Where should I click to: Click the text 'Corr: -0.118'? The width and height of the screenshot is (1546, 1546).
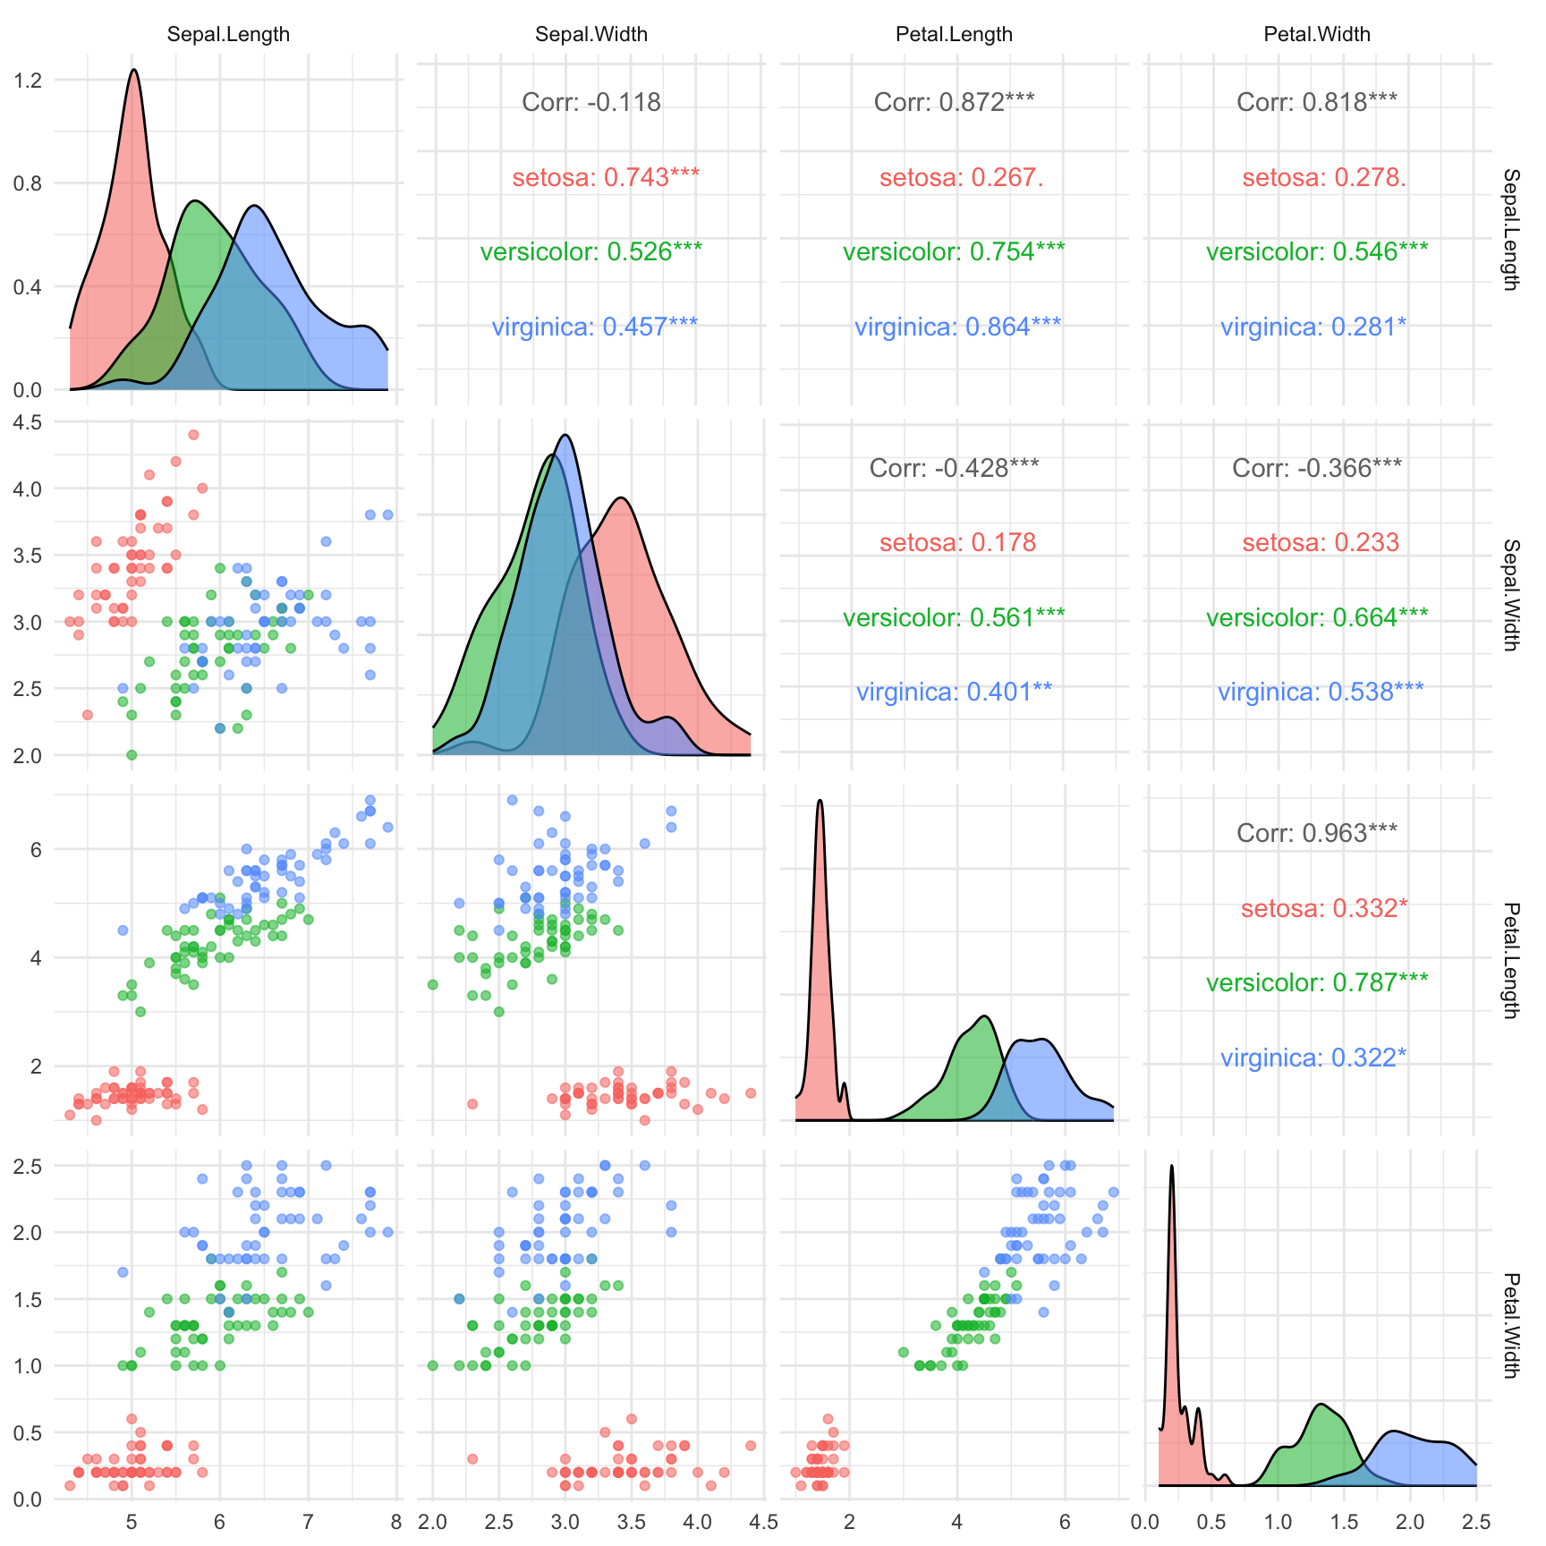tap(591, 103)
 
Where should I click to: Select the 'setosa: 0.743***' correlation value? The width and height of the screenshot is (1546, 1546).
tap(606, 178)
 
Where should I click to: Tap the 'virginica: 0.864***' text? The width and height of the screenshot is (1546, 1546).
tap(957, 327)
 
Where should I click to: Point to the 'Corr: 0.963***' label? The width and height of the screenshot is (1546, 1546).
tap(1316, 834)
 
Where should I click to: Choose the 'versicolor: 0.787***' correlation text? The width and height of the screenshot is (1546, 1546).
tap(1316, 983)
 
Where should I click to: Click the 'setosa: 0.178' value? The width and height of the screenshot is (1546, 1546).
tap(957, 543)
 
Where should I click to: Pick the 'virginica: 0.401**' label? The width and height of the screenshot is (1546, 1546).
tap(954, 692)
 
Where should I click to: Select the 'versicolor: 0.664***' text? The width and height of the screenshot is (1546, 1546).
tap(1316, 618)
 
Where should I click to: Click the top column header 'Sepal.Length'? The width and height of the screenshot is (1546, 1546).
tap(228, 35)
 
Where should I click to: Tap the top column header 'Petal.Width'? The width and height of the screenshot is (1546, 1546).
tap(1316, 35)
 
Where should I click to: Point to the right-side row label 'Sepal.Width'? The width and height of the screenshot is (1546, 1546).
tap(1510, 594)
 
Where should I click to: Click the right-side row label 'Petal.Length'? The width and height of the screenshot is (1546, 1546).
tap(1510, 960)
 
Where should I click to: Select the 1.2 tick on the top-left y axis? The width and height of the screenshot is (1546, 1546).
tap(29, 81)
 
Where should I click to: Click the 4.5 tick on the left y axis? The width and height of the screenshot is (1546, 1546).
tap(29, 422)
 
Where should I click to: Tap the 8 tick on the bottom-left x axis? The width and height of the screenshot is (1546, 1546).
tap(396, 1522)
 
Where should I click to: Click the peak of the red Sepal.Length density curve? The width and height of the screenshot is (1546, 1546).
tap(133, 70)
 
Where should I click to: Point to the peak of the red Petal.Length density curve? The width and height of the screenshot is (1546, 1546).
tap(820, 801)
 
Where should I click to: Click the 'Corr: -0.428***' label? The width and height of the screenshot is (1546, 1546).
tap(954, 469)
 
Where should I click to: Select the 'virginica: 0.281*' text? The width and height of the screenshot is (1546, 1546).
tap(1312, 327)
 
